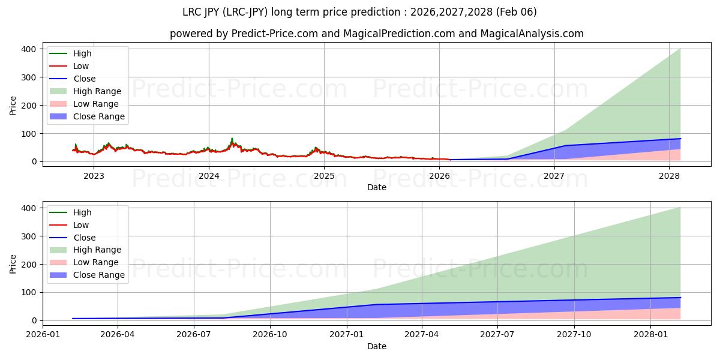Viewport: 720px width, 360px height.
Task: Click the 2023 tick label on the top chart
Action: point(94,176)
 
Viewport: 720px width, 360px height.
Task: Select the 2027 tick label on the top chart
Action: point(554,176)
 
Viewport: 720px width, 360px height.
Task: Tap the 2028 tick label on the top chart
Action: point(670,176)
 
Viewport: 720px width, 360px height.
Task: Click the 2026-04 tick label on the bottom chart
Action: point(118,335)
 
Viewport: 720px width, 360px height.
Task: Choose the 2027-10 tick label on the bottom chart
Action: point(574,335)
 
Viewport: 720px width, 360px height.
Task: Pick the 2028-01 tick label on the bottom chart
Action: point(650,335)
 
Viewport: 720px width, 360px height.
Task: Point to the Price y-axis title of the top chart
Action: point(13,106)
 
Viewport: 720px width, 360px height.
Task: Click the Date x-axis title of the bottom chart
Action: point(377,346)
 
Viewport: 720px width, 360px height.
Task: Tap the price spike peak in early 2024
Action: point(232,139)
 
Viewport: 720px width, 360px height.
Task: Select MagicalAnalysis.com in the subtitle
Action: point(532,34)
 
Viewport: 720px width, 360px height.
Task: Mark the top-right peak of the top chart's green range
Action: point(680,49)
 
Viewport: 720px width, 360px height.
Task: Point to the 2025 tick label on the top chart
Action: point(324,176)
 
